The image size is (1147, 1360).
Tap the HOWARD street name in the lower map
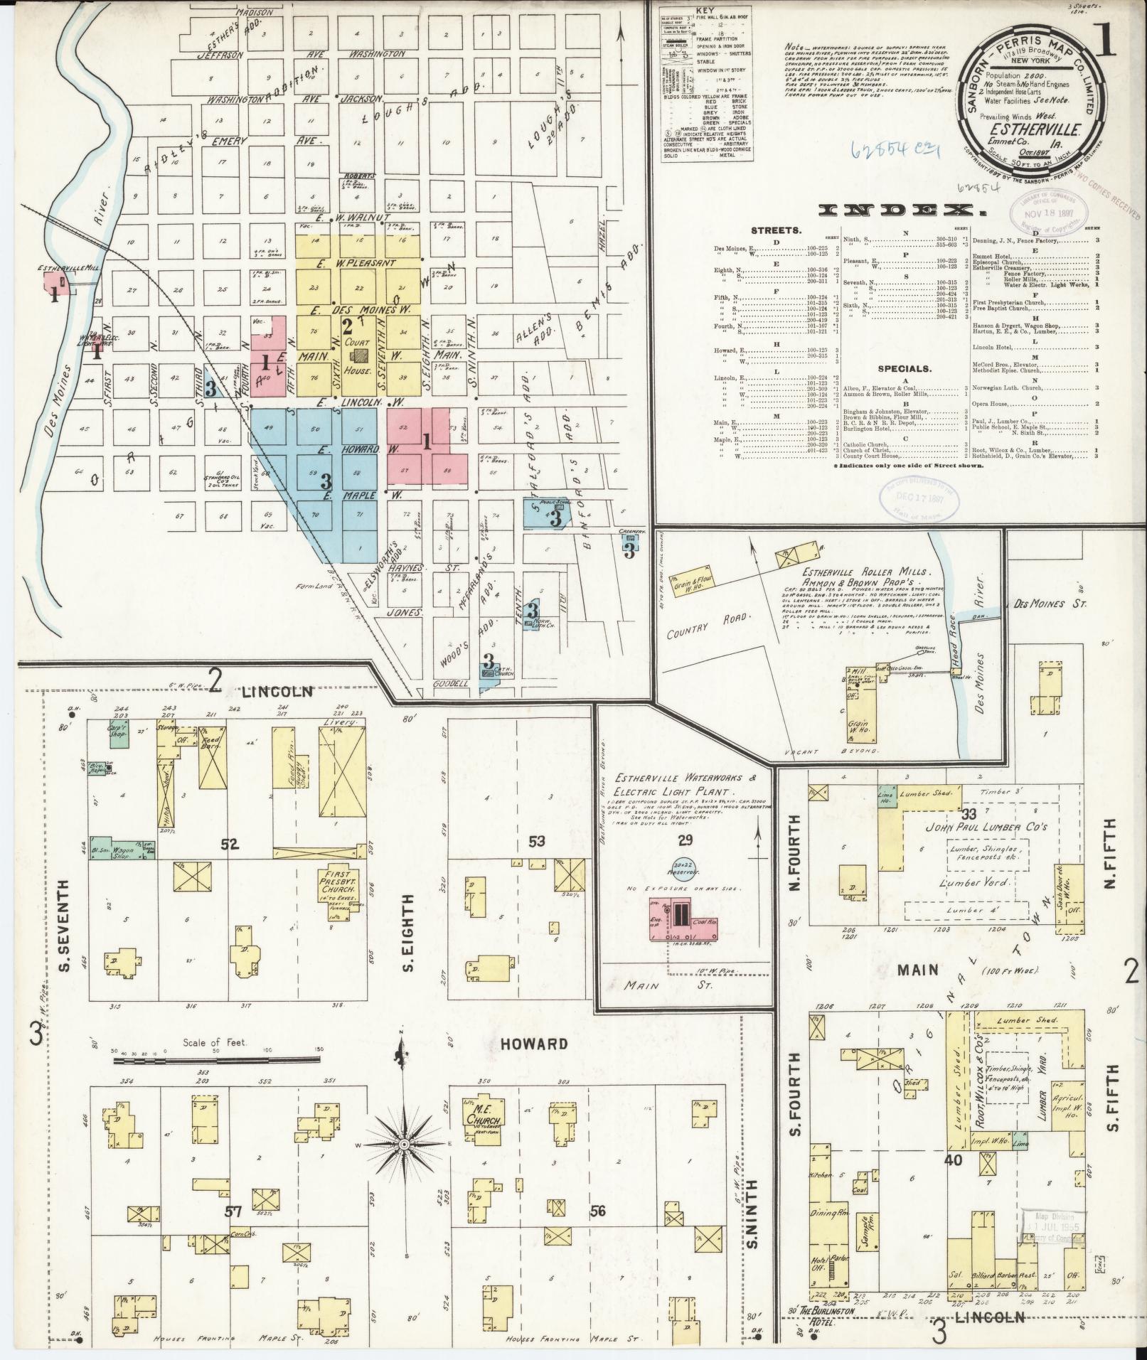[x=533, y=1044]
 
